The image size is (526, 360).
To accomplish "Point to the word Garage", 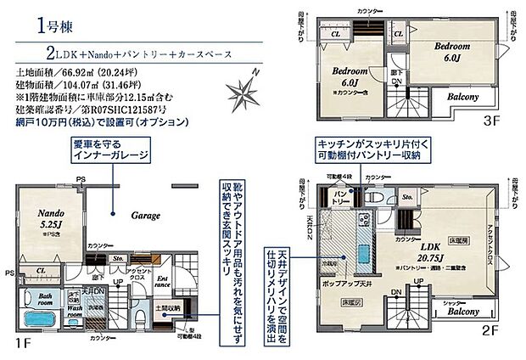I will tap(145, 216).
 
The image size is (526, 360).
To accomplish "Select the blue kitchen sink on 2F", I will tap(363, 256).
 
